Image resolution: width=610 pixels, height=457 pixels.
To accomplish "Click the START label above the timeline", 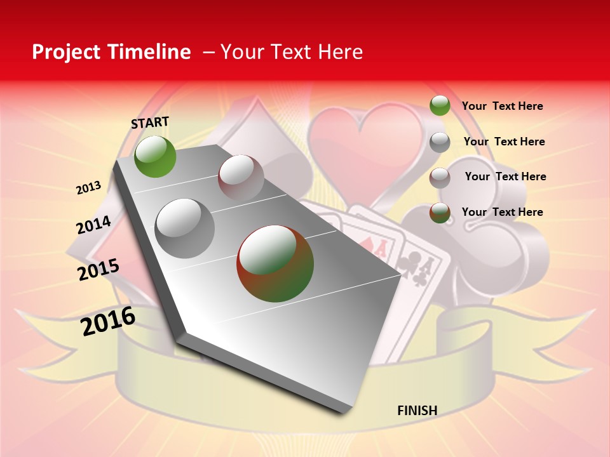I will coord(150,122).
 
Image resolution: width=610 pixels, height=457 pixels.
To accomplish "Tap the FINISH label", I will coord(417,411).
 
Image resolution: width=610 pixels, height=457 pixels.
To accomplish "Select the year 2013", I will coord(89,188).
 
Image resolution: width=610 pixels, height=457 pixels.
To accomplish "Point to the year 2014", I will coord(94,225).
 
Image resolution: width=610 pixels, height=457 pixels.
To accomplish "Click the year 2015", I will coord(98,270).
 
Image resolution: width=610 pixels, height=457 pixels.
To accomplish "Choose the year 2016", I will coord(108,321).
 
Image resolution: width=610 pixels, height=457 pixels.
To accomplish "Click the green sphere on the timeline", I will coord(155,156).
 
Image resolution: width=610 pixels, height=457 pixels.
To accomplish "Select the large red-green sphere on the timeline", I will coord(275,263).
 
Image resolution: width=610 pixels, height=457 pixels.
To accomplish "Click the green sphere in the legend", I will coord(440,105).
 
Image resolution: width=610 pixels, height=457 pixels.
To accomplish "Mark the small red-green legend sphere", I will coord(440,213).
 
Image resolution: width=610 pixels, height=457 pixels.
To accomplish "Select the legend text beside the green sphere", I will coord(502,106).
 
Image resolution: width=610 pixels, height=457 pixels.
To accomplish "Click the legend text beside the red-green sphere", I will coord(502,212).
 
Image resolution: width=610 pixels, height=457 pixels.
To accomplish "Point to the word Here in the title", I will coord(340,52).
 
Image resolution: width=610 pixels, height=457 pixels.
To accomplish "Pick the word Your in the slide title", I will coord(241,52).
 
